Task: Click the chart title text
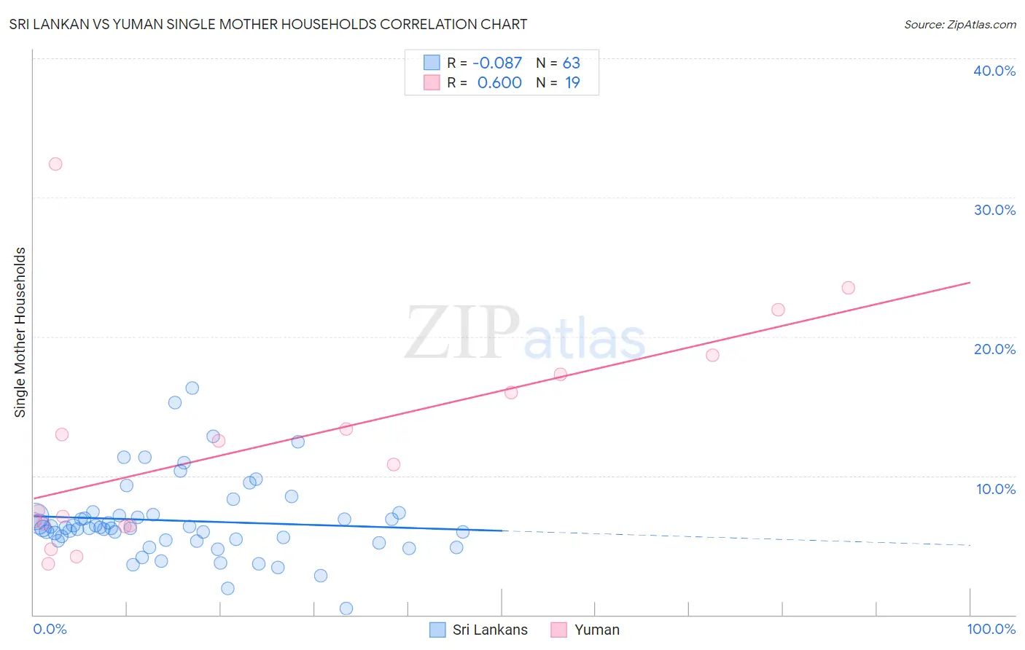point(268,24)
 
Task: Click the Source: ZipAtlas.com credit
point(959,25)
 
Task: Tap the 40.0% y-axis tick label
point(994,71)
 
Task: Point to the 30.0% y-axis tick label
point(994,210)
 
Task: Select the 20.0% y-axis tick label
point(994,349)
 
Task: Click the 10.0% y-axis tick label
point(996,489)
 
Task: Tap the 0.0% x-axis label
point(50,629)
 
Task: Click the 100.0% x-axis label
point(991,629)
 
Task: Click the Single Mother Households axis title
point(20,332)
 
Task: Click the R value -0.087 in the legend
point(497,63)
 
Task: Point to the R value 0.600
point(499,83)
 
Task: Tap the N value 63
point(571,63)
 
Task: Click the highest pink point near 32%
point(55,164)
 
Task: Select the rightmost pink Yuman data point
point(848,288)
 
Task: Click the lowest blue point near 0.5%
point(346,608)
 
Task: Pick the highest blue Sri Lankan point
point(192,388)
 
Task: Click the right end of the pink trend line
point(970,282)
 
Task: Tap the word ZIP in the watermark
point(461,333)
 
